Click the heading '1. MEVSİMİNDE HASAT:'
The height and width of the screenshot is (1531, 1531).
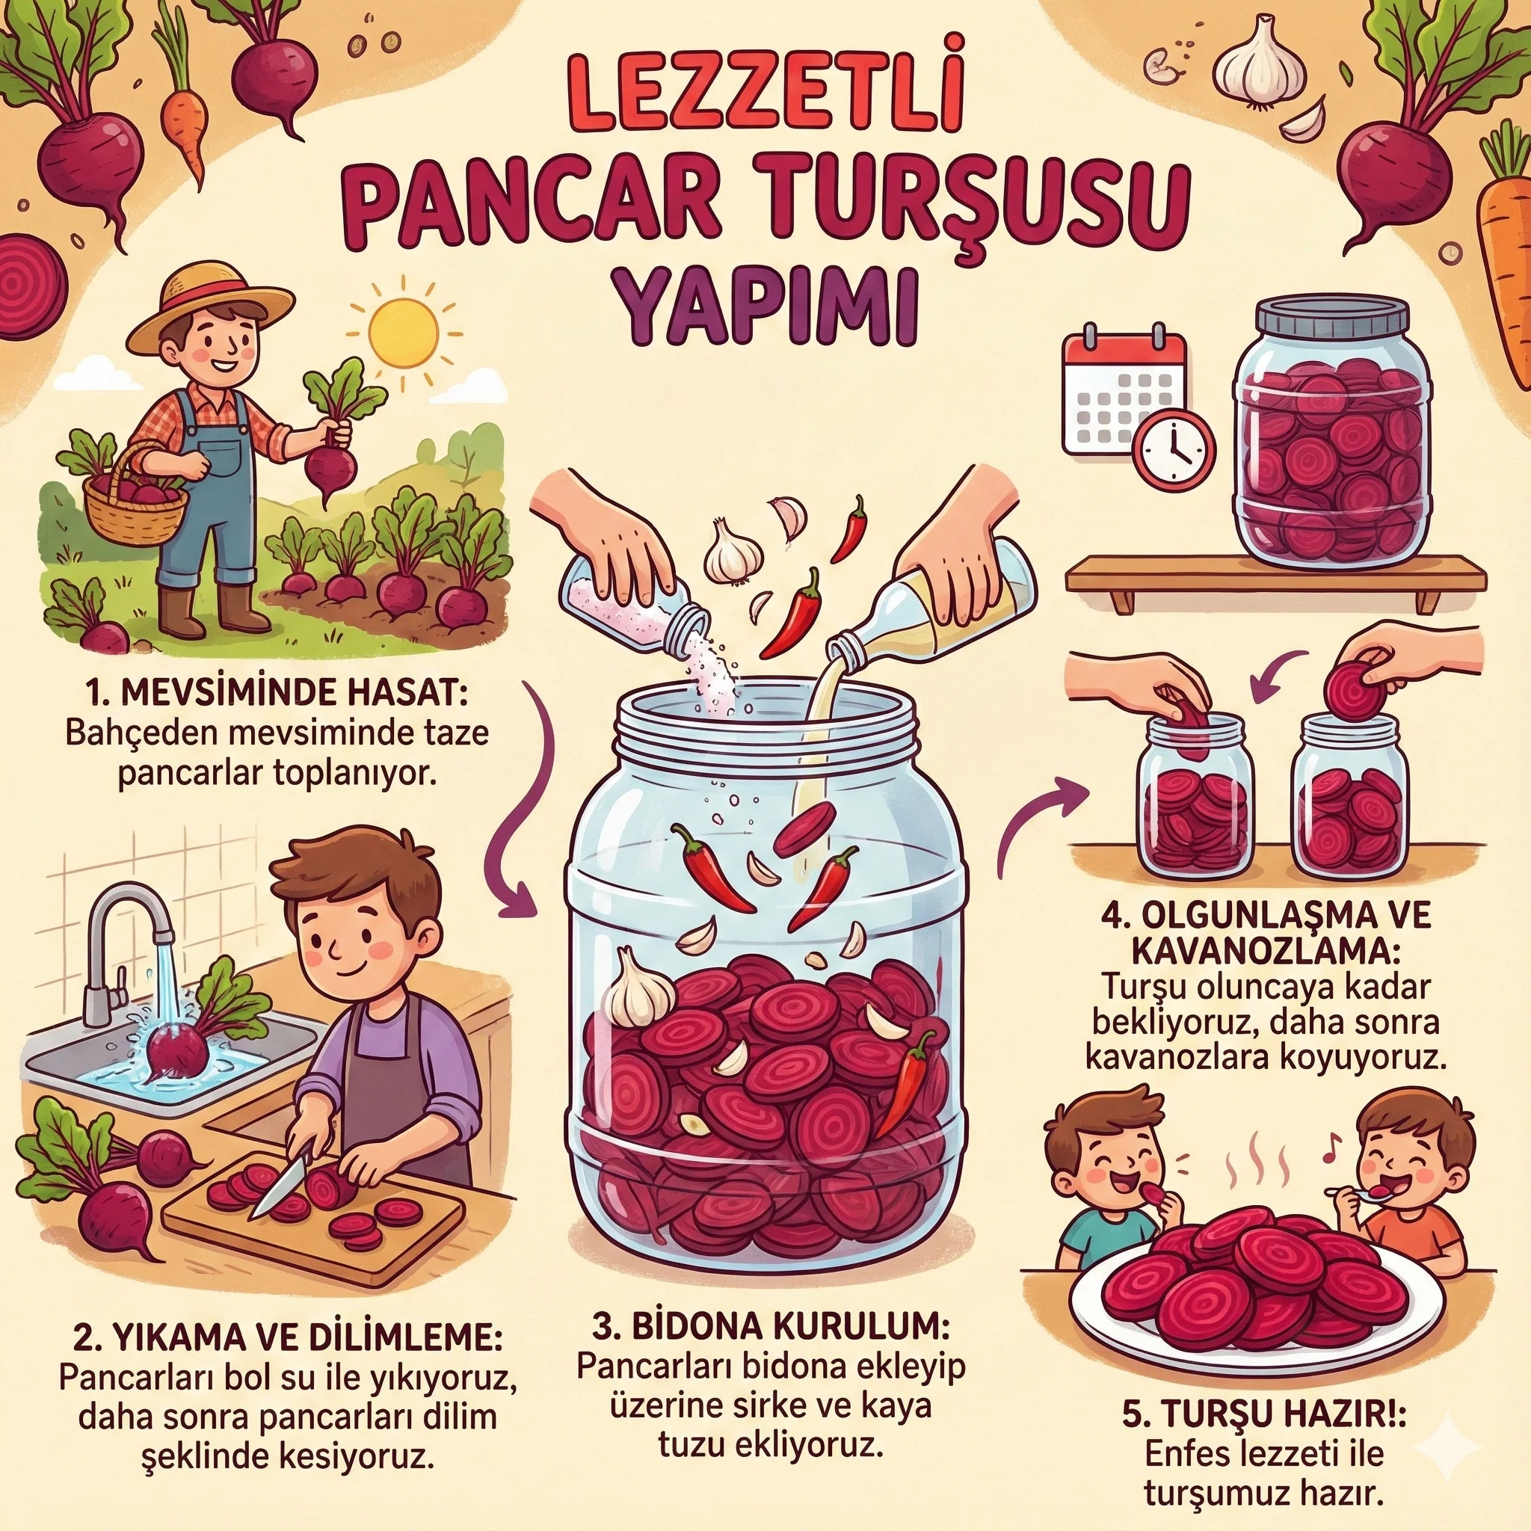pos(274,697)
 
